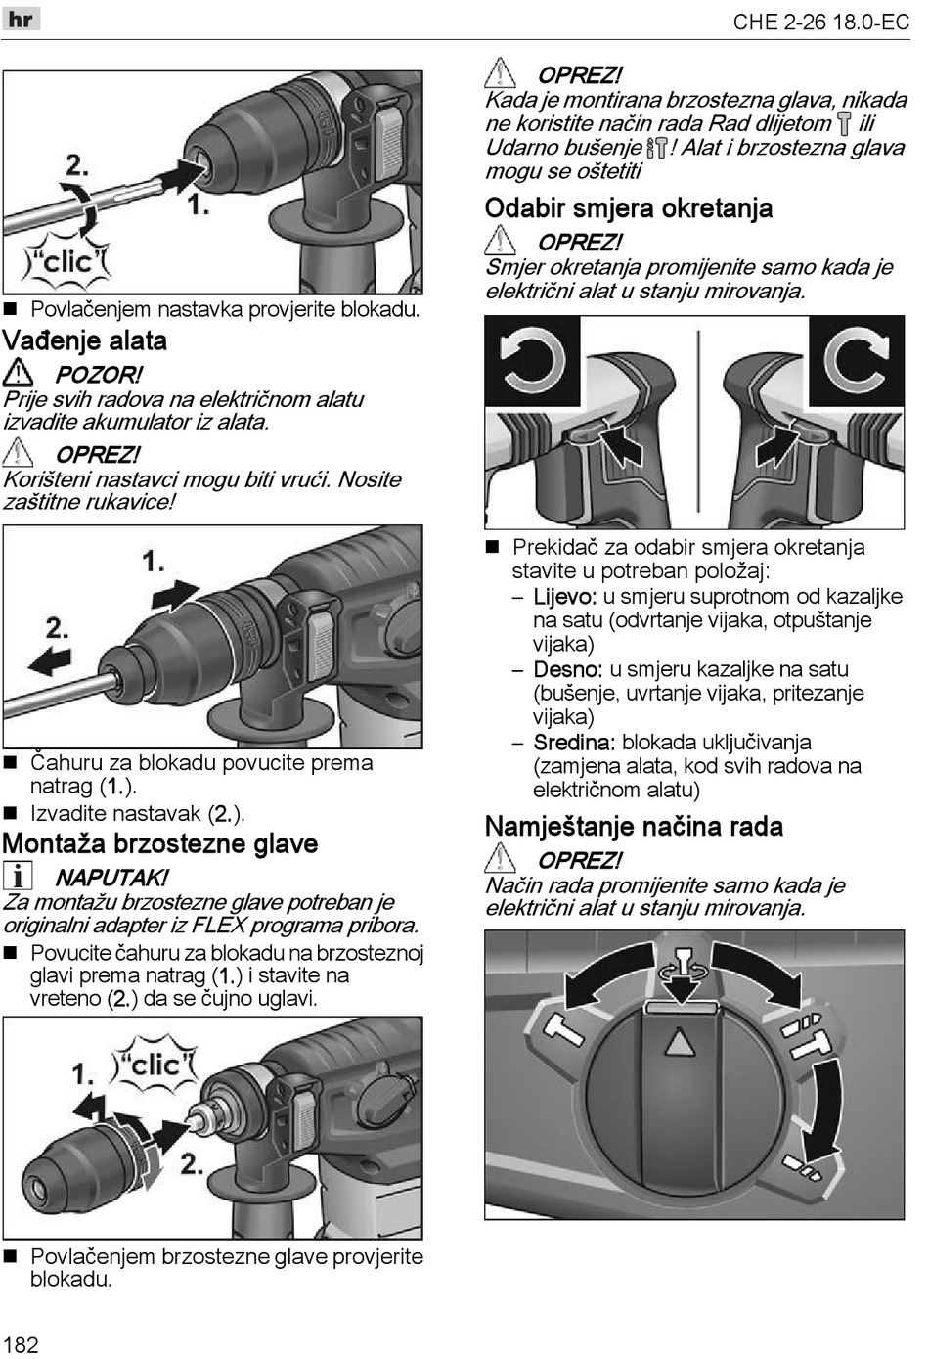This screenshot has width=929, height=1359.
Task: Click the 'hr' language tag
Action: point(21,19)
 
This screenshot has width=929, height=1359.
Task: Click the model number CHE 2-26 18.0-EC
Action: point(820,22)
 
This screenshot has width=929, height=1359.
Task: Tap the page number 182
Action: point(21,1343)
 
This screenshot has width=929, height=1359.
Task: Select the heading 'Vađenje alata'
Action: point(85,341)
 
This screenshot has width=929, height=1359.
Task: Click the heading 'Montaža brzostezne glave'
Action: point(160,844)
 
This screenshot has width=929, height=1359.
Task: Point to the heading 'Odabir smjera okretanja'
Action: point(629,208)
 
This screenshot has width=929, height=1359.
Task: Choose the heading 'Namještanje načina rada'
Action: point(634,827)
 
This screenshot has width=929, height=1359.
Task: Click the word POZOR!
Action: point(98,375)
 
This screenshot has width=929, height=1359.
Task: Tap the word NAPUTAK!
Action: point(111,878)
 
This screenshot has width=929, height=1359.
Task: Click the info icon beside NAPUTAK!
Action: point(18,876)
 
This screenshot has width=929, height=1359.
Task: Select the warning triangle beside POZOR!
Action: point(18,373)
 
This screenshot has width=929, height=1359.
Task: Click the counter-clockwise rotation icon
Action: point(533,360)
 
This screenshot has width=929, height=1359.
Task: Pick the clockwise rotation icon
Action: point(857,360)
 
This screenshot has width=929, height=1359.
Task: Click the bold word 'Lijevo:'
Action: point(564,597)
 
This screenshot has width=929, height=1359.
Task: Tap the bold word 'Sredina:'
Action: point(573,743)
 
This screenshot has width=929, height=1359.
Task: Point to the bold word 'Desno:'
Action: point(567,670)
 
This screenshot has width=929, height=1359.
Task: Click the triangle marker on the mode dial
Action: point(678,1043)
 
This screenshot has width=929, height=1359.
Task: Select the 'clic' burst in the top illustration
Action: point(67,261)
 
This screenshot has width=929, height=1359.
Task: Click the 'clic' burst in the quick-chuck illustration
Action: point(155,1065)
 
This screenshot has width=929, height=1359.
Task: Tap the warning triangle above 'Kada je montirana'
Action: point(500,73)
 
